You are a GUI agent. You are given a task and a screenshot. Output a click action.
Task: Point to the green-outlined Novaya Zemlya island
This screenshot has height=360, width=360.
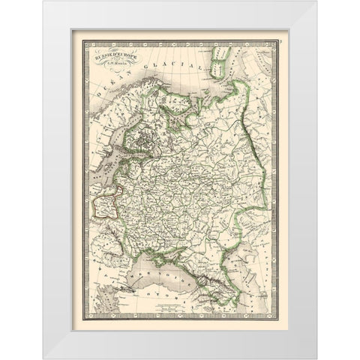pyautogui.click(x=220, y=58)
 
